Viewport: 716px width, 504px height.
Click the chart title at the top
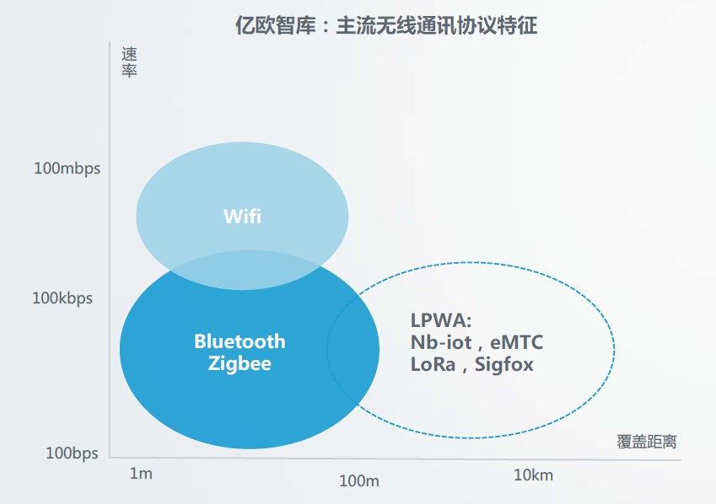(386, 25)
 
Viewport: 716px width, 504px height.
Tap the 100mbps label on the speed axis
(67, 169)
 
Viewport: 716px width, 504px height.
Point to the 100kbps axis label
(62, 298)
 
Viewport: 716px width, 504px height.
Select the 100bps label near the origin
(73, 453)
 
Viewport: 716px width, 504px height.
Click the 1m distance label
(141, 474)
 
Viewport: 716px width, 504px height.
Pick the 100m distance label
(359, 480)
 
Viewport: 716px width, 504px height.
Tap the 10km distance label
(533, 475)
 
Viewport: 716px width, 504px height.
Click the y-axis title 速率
(129, 62)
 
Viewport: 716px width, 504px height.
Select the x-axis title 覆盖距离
(647, 442)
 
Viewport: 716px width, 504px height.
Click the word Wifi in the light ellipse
(243, 217)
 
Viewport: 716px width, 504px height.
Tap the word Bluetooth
(240, 341)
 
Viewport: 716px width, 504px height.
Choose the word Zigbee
(240, 364)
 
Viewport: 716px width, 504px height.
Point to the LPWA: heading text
(441, 320)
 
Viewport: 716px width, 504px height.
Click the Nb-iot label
(442, 342)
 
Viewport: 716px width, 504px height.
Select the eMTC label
(516, 342)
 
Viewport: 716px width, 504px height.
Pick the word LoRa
(433, 364)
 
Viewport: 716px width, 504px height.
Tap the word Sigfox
(504, 365)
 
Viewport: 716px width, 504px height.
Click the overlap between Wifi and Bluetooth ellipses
(245, 271)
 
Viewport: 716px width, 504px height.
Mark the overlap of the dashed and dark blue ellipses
(353, 350)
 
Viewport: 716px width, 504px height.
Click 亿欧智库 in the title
(275, 25)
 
